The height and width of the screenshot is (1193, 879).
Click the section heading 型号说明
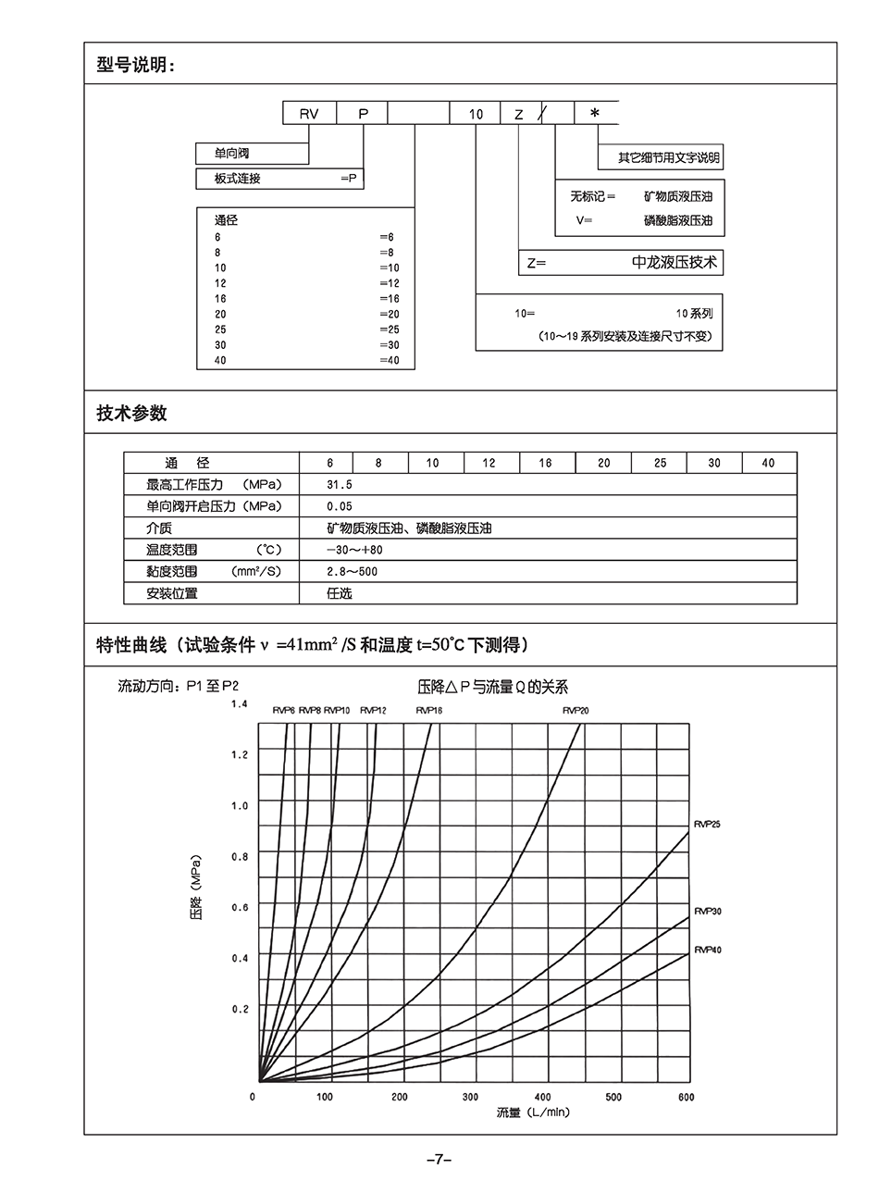tap(135, 65)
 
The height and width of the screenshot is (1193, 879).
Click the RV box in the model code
tap(308, 114)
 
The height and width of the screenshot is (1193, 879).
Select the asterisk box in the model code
tap(595, 113)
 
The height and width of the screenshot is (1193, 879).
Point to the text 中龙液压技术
tap(675, 263)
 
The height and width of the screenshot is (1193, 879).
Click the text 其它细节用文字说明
tap(669, 158)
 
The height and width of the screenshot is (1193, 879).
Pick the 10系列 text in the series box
tap(694, 314)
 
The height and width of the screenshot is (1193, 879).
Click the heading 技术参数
tap(131, 414)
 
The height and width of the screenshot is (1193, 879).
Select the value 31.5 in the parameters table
tap(340, 484)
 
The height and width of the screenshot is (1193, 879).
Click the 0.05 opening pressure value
tap(340, 506)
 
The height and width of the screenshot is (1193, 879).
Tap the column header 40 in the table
tap(768, 463)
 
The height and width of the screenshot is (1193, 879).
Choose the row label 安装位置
tap(172, 593)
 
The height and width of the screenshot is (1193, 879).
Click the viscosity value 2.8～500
tap(353, 572)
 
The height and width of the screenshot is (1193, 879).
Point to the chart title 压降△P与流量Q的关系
tap(493, 688)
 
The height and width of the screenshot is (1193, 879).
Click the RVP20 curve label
tap(576, 711)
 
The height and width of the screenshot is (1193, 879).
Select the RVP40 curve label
tap(708, 951)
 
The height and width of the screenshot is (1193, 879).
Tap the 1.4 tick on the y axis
tap(240, 705)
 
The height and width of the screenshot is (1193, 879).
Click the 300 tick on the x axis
tap(470, 1097)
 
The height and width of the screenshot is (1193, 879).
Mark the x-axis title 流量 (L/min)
tap(532, 1112)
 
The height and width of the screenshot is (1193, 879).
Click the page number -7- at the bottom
tap(439, 1160)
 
